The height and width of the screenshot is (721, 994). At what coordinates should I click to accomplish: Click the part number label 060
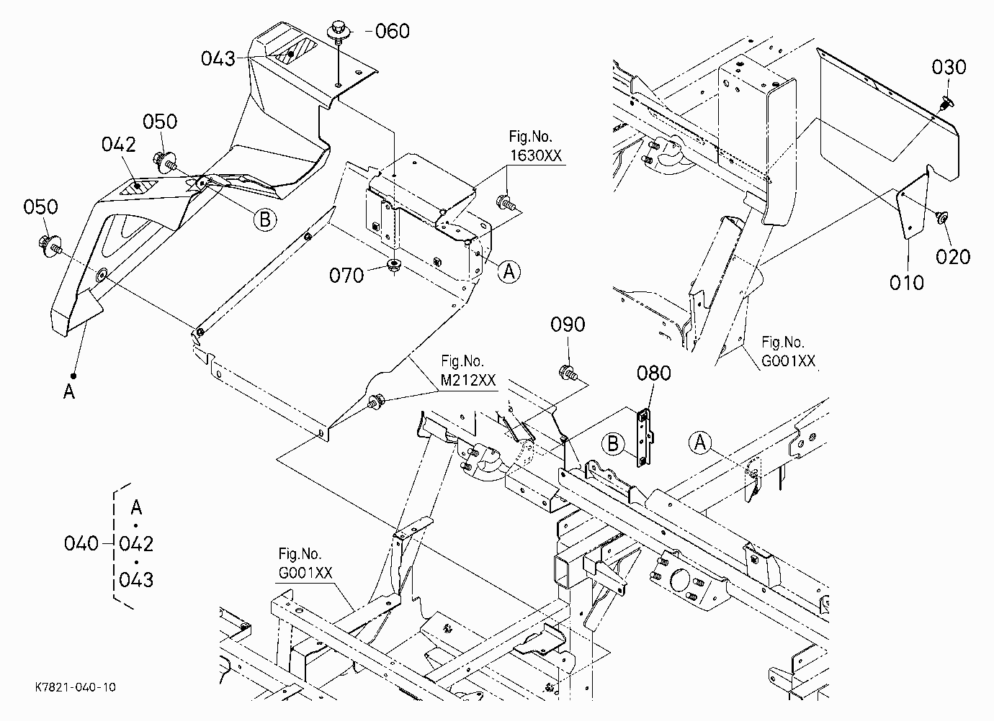pyautogui.click(x=393, y=31)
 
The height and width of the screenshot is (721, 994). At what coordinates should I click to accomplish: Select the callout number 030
pyautogui.click(x=949, y=68)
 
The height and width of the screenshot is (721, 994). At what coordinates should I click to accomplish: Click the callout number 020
pyautogui.click(x=953, y=257)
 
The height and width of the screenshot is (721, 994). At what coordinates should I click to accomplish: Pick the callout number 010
pyautogui.click(x=907, y=283)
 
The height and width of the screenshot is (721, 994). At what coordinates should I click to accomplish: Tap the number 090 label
pyautogui.click(x=568, y=325)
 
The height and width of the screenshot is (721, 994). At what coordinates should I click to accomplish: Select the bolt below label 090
pyautogui.click(x=568, y=373)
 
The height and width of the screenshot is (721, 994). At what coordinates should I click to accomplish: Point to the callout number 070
pyautogui.click(x=346, y=276)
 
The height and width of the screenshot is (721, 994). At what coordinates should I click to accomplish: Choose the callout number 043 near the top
pyautogui.click(x=218, y=58)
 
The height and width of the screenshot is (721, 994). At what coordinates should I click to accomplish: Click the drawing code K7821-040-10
pyautogui.click(x=76, y=687)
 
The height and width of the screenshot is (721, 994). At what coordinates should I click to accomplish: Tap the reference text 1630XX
pyautogui.click(x=536, y=155)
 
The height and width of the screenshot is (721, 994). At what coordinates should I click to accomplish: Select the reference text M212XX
pyautogui.click(x=468, y=381)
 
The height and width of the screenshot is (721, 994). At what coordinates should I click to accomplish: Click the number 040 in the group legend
pyautogui.click(x=81, y=543)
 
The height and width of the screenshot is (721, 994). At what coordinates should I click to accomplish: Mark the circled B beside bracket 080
pyautogui.click(x=613, y=444)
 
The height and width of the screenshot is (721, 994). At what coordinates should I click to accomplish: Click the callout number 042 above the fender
pyautogui.click(x=118, y=145)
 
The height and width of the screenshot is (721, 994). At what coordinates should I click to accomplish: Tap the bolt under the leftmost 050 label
pyautogui.click(x=50, y=245)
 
